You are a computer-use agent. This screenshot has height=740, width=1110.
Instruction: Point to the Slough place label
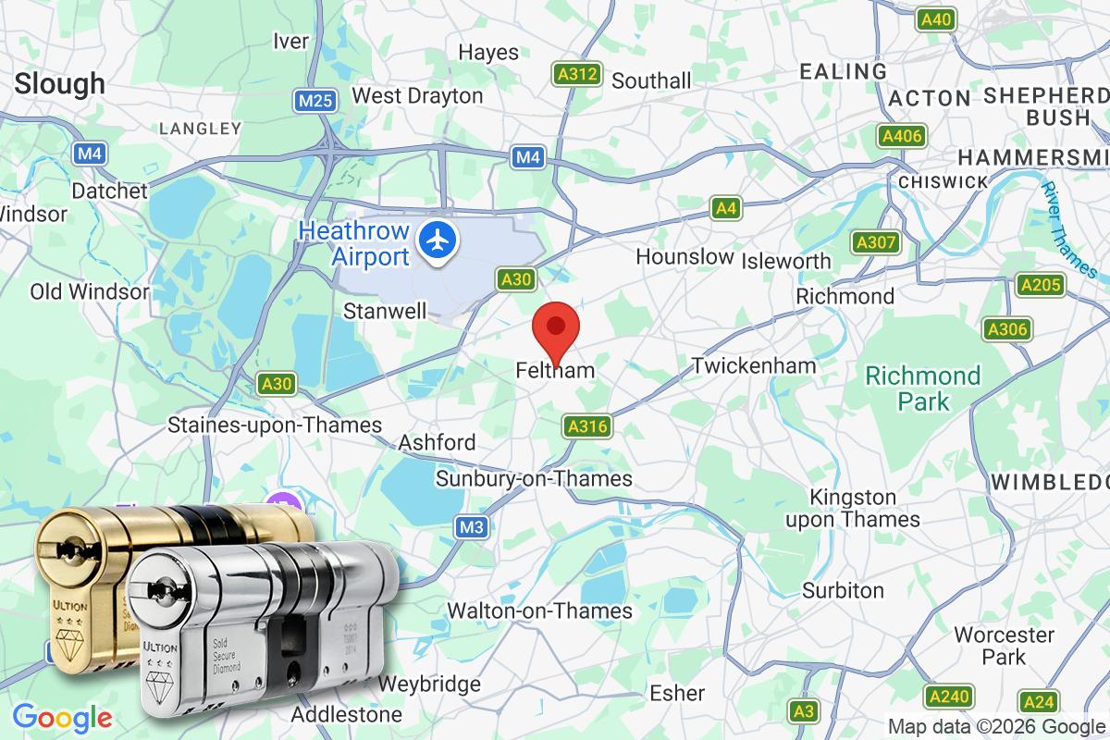coord(60,83)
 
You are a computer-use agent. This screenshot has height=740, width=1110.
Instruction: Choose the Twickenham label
coord(755,365)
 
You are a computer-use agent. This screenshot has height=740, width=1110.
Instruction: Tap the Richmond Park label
coord(923,388)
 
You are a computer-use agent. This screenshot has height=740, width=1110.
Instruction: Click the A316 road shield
coord(586,426)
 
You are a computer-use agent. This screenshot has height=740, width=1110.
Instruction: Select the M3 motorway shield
coord(472,527)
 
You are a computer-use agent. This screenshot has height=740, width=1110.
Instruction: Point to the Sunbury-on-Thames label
coord(534,478)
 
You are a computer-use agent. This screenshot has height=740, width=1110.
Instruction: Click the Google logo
coord(62,716)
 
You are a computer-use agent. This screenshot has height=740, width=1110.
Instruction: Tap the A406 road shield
coord(901,137)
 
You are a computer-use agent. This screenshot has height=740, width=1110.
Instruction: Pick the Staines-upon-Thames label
coord(275,425)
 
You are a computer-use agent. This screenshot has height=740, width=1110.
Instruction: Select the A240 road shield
coord(948,697)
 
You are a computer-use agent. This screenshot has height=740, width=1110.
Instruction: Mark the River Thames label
coord(1068,228)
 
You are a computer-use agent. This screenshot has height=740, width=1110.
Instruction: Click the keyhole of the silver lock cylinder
coord(164,592)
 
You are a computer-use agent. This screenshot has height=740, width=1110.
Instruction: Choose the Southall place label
coord(651,80)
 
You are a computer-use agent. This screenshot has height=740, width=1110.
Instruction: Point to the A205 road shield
coord(1040,285)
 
